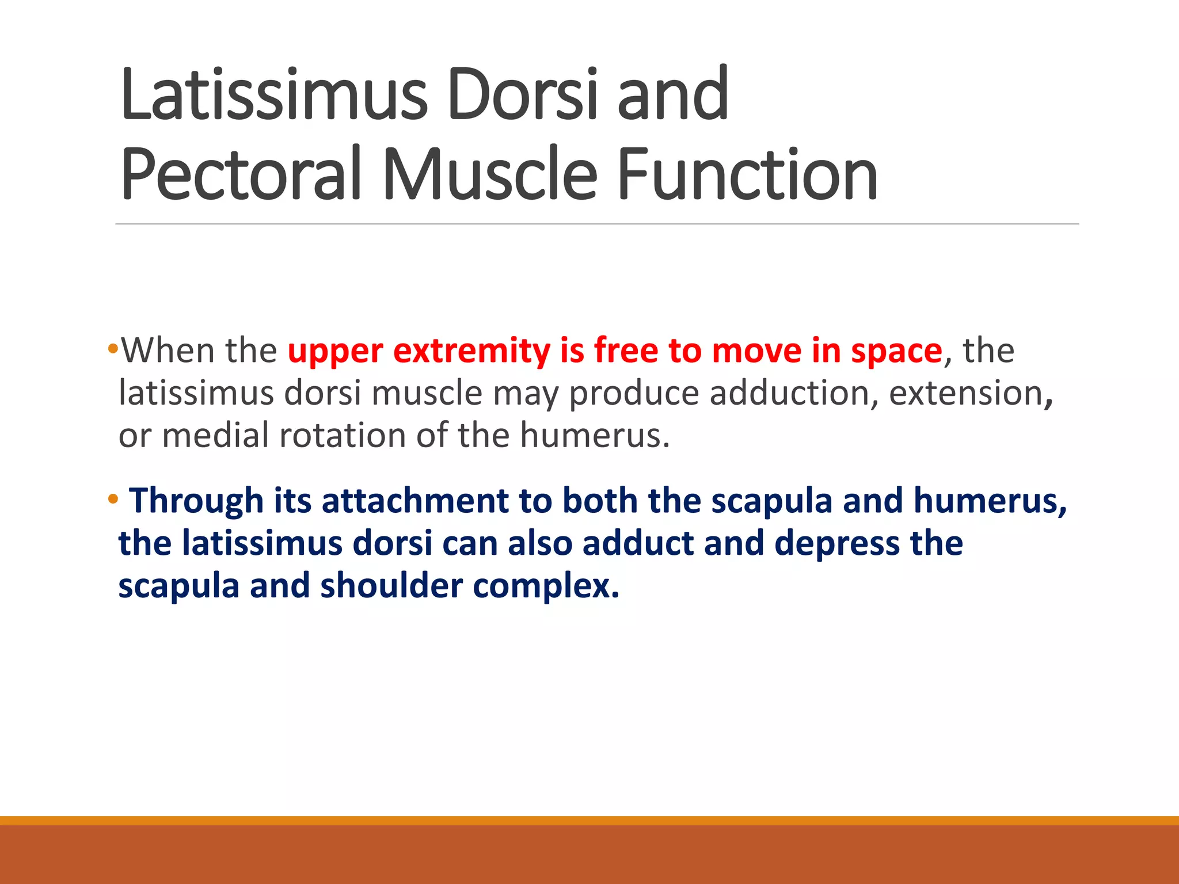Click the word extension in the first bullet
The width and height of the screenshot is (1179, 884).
tap(967, 394)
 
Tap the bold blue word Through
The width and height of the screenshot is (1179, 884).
tap(196, 501)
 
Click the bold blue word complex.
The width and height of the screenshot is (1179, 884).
tap(546, 586)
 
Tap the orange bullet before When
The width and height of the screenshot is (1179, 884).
tap(113, 348)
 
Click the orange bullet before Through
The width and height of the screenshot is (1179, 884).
tap(113, 498)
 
